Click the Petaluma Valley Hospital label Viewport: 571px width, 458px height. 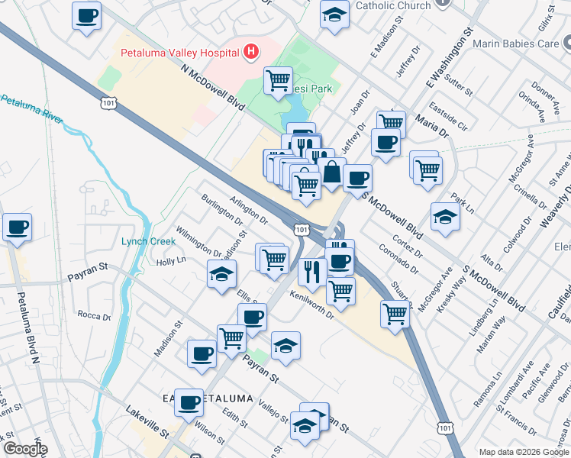pos(180,53)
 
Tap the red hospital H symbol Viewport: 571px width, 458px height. pos(250,53)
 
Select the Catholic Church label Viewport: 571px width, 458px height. pos(394,6)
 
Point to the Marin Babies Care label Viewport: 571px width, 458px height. pos(516,44)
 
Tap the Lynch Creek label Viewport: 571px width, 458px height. pos(148,241)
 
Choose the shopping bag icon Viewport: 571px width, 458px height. pos(332,172)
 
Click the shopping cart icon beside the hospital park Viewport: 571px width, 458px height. pos(279,79)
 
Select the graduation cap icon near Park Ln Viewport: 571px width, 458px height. pos(445,216)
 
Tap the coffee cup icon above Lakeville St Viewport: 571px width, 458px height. pos(189,402)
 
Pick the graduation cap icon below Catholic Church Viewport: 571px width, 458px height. pos(334,15)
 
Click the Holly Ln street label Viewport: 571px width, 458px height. pos(171,261)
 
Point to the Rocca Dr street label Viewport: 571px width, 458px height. pos(95,314)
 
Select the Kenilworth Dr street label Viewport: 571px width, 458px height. pos(312,305)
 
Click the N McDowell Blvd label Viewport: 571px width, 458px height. pos(213,89)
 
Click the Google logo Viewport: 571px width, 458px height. pos(24,450)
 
